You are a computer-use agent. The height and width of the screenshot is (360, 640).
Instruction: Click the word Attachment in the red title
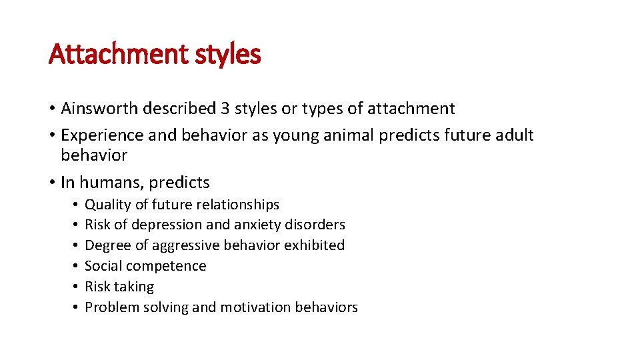point(119,54)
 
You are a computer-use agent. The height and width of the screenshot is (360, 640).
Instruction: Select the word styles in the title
point(227,54)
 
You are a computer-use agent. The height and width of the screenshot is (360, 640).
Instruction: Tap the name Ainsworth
point(100,108)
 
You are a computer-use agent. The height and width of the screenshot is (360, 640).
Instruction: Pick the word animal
point(350,135)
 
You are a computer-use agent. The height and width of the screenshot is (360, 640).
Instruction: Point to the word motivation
point(256,307)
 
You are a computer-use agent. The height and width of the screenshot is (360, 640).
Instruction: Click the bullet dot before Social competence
point(76,266)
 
